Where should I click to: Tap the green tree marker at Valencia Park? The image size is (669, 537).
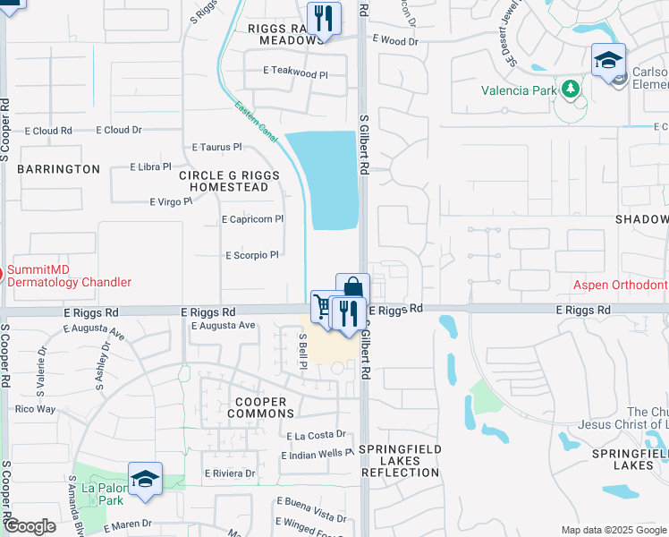(x=570, y=89)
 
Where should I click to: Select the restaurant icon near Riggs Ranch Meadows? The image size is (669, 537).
(x=322, y=19)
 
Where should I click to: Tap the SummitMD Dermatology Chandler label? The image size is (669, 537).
(x=70, y=276)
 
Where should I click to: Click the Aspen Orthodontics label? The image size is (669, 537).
(x=621, y=285)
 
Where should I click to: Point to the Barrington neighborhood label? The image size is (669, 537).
(x=58, y=169)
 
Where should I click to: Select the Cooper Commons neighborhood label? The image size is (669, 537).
(x=261, y=408)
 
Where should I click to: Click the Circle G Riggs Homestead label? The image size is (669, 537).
(x=224, y=182)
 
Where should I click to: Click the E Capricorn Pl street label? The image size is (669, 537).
(x=252, y=218)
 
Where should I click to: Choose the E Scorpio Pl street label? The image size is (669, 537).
(x=250, y=255)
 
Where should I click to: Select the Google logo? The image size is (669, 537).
(x=30, y=526)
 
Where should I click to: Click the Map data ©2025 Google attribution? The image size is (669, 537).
(x=614, y=530)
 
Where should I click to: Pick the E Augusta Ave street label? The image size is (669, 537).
(x=224, y=326)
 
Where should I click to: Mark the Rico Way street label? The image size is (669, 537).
(x=36, y=409)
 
